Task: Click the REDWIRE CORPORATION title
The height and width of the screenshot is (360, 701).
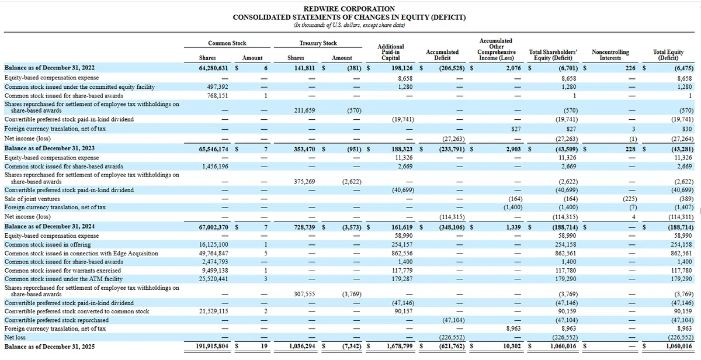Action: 349,9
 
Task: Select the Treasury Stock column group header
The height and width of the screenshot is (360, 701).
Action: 318,43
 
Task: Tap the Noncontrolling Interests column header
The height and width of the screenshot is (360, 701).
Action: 610,55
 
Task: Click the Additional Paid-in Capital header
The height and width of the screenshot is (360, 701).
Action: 391,52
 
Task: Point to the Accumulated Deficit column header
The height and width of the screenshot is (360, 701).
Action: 442,55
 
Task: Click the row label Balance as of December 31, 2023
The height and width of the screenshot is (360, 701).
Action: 50,148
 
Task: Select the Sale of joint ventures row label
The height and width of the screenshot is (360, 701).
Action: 32,199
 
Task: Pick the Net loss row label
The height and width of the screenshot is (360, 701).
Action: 15,337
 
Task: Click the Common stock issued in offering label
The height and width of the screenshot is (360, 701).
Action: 47,244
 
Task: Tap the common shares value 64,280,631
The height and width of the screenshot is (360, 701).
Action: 213,68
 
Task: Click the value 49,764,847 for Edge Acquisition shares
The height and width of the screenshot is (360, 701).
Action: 213,253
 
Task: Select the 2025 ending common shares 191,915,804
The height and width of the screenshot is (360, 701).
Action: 212,346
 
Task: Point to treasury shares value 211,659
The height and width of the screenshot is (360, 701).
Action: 304,110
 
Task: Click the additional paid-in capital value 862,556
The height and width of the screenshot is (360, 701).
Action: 402,253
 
